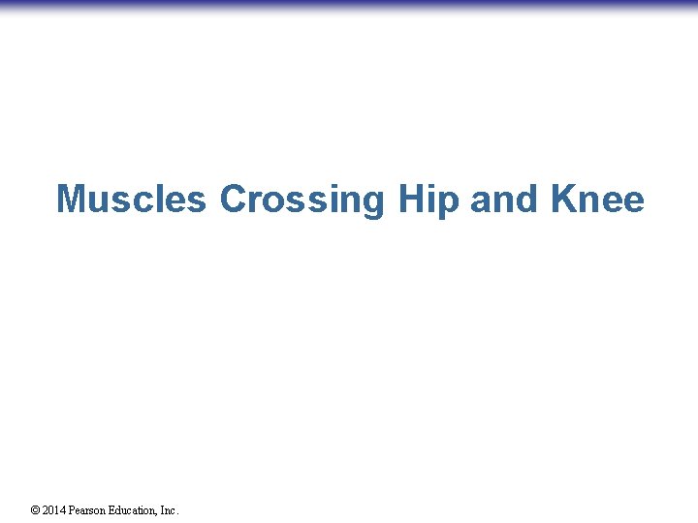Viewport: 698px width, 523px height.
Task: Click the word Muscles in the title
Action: pos(131,200)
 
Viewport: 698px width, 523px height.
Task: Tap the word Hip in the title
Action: pos(428,200)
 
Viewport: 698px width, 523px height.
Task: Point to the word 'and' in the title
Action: pos(505,200)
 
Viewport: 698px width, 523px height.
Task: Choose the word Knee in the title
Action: pos(597,200)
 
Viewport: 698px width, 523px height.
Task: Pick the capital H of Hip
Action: pos(410,200)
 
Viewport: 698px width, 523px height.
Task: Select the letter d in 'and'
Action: pos(527,200)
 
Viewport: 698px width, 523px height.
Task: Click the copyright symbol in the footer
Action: pos(35,510)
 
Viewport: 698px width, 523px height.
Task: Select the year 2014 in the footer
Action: pos(53,510)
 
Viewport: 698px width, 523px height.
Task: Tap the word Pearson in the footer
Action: pos(87,510)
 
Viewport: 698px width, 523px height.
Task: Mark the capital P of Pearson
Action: pos(72,510)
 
